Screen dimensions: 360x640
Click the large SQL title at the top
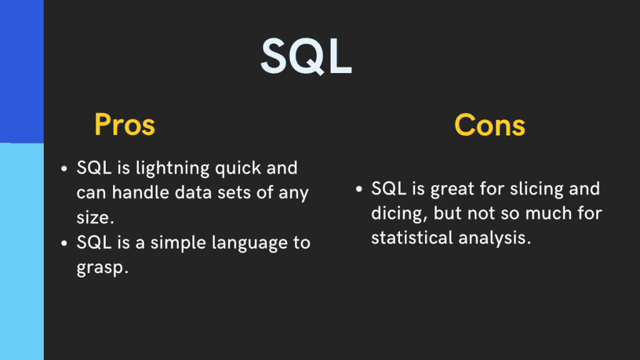pyautogui.click(x=306, y=56)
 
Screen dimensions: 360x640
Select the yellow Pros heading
pyautogui.click(x=124, y=125)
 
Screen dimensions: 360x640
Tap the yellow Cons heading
pyautogui.click(x=489, y=125)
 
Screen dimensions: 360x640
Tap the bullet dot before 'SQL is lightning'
pyautogui.click(x=64, y=169)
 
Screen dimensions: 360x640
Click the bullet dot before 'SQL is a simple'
pyautogui.click(x=64, y=242)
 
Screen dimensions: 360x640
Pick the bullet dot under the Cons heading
pyautogui.click(x=359, y=189)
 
